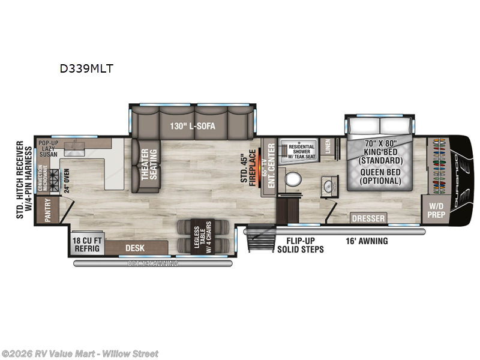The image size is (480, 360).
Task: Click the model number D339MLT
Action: point(86,68)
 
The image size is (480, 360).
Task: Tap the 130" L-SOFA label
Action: point(193,126)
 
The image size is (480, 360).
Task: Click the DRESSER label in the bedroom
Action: point(368,218)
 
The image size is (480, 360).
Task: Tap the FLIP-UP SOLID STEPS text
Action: point(300,245)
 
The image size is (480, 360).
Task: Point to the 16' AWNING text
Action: point(367,241)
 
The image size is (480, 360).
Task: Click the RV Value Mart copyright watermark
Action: point(80,353)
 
